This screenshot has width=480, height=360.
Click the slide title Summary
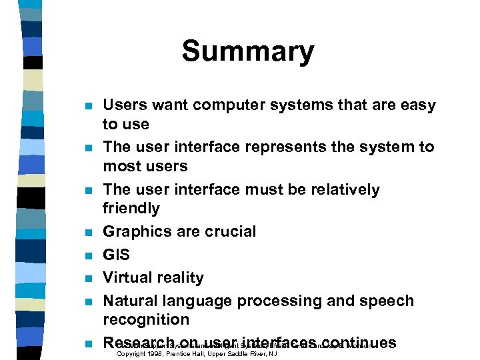[247, 52]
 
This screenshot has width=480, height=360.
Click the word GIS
[117, 255]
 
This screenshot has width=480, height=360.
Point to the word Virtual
[127, 277]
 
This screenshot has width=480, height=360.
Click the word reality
[179, 277]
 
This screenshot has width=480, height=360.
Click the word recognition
[146, 319]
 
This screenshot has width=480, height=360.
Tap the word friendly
[131, 209]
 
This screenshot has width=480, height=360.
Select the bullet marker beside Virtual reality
[87, 279]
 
